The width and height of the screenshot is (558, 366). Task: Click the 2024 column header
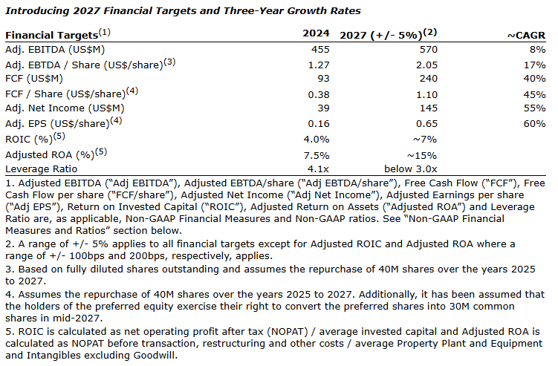[x=316, y=34]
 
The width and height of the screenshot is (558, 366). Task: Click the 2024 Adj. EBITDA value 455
[x=319, y=49]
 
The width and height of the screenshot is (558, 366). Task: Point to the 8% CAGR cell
[x=536, y=49]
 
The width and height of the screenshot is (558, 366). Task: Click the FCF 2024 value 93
[x=322, y=79]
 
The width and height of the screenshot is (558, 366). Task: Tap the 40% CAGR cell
[x=533, y=79]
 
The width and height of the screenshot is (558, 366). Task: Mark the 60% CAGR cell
[x=533, y=123]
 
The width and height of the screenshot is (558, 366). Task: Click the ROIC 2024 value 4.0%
[x=317, y=139]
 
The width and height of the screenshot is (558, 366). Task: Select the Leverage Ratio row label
[x=39, y=169]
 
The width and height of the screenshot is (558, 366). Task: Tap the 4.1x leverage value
[x=318, y=169]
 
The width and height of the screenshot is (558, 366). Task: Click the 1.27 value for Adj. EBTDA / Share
[x=318, y=64]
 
